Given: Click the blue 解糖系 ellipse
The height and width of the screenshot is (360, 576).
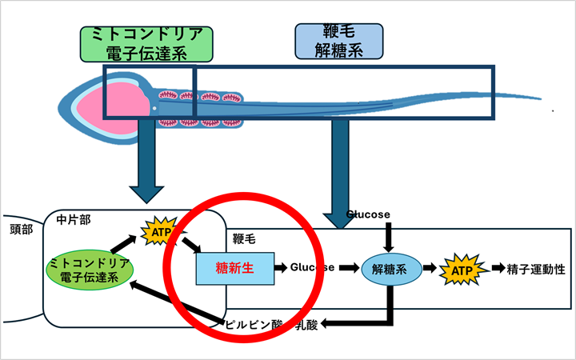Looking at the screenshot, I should [x=390, y=269].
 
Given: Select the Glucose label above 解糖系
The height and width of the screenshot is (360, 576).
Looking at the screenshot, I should [x=368, y=214].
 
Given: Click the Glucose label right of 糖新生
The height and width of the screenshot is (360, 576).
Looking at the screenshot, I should [x=312, y=268].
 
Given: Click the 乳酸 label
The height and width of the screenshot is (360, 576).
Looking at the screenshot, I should [x=306, y=324].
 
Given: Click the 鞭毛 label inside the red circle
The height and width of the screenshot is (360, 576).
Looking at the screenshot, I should [x=244, y=238].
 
